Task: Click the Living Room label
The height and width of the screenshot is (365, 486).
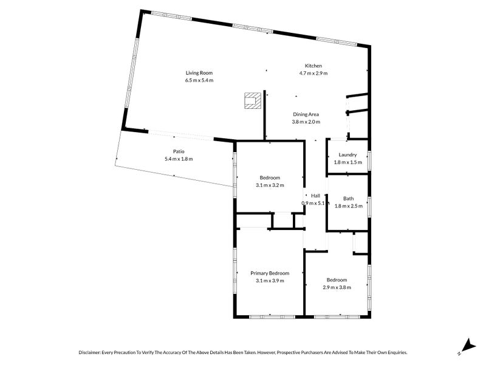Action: [x=199, y=73]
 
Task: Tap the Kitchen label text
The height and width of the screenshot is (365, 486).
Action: [x=313, y=66]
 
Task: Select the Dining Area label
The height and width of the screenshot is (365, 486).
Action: [x=306, y=114]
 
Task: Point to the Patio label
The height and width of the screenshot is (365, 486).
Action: [x=179, y=151]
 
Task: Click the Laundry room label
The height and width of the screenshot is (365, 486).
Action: [x=347, y=155]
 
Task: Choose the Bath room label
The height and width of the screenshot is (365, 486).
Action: [x=348, y=198]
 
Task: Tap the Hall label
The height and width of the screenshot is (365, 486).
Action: [x=315, y=195]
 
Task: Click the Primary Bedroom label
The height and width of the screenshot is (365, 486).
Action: [x=270, y=273]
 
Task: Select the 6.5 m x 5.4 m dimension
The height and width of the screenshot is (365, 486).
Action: [x=199, y=80]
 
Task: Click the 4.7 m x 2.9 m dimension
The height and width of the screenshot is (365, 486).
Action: [x=313, y=73]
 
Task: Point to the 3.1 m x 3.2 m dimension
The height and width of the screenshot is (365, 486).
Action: [x=270, y=186]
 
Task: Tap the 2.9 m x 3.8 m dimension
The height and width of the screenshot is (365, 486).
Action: [x=337, y=287]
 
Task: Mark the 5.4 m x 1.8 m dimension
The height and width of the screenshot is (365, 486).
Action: [x=179, y=159]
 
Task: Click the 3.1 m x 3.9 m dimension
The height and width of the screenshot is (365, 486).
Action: [x=270, y=280]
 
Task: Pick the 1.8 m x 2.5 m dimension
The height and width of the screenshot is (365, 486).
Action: [x=348, y=206]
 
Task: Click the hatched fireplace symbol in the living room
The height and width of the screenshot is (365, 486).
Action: [x=253, y=100]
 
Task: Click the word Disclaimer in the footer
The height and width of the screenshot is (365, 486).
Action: [x=89, y=352]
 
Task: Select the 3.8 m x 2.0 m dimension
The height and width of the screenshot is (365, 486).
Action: [x=306, y=122]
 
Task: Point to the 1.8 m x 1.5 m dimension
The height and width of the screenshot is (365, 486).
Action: [x=347, y=162]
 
